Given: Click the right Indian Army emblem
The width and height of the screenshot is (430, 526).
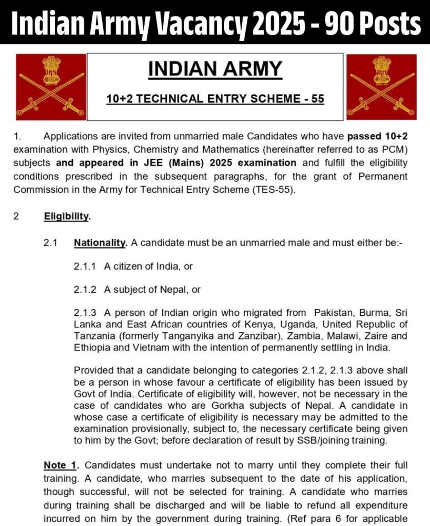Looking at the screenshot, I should [380, 86].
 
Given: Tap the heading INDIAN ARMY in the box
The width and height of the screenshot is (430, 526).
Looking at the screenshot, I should [215, 69].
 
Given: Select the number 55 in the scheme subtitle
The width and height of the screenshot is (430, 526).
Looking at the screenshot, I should [318, 99].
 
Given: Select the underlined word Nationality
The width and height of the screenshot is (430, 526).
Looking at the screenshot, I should [100, 242].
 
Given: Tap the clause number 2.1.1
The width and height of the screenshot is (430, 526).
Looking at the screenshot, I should [85, 266].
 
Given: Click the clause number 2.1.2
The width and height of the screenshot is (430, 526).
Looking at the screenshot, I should [85, 289].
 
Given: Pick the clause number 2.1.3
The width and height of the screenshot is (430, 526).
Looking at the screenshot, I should [85, 313].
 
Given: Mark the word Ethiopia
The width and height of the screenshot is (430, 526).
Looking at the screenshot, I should [93, 348].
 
